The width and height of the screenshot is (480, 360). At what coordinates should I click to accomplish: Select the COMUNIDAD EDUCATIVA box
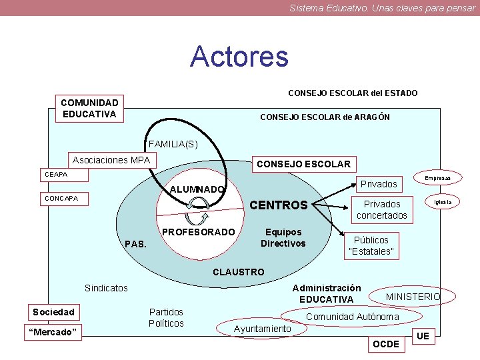tap(89, 108)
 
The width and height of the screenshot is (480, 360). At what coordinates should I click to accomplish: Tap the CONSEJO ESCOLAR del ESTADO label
tap(353, 93)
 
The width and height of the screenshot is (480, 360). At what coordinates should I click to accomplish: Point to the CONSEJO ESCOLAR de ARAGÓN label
tap(325, 117)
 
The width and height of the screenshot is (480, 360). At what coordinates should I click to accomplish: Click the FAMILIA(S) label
tap(173, 144)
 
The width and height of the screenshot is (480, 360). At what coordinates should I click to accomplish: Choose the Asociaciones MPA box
tap(111, 161)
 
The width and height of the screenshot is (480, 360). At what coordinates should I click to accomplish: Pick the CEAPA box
tap(56, 175)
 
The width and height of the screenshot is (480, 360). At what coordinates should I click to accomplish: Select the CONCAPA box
tap(61, 198)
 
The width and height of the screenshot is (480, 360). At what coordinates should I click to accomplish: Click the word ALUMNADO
tap(197, 189)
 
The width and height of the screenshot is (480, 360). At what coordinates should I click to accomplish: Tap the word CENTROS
tap(278, 205)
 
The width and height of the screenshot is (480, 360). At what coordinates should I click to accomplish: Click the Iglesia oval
tap(442, 201)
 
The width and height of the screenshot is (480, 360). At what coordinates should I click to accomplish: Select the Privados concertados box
tap(381, 209)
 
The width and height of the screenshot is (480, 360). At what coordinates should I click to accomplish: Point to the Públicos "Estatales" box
tap(371, 245)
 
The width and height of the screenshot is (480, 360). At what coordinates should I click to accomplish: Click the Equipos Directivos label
tap(283, 238)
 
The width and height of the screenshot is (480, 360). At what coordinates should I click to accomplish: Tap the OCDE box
tap(386, 344)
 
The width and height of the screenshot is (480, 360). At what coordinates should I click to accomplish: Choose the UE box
tap(423, 336)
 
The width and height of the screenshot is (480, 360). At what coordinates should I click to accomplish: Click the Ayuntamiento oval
tap(262, 329)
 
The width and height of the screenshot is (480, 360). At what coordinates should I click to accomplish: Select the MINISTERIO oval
tap(413, 296)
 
